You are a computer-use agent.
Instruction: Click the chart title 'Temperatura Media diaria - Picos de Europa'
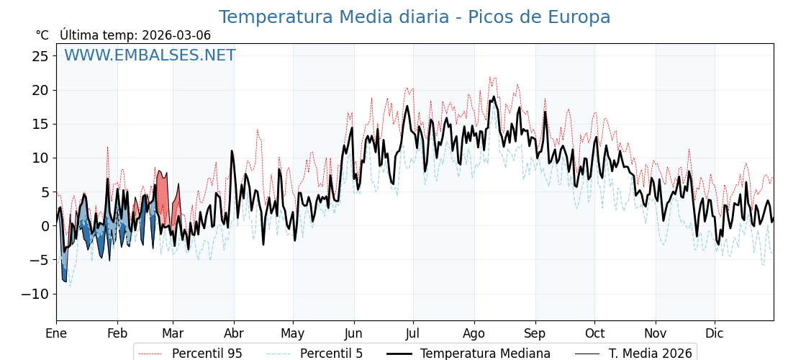point(415,17)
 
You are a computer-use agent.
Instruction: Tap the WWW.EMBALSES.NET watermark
point(150,55)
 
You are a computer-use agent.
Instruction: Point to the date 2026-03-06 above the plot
point(176,35)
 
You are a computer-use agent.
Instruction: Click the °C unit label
point(42,35)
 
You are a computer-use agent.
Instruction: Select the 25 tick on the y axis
point(40,56)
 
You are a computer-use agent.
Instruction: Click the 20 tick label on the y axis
point(40,90)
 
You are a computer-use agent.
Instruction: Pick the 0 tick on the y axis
point(45,226)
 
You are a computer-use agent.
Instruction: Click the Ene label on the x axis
point(56,333)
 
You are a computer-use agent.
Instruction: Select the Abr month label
point(234,333)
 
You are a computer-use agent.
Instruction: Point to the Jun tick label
point(353,333)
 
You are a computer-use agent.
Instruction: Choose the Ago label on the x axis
point(474,333)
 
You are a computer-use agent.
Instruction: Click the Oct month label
point(594,333)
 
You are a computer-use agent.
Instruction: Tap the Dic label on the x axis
point(715,333)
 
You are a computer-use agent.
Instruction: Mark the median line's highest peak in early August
point(494,97)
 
